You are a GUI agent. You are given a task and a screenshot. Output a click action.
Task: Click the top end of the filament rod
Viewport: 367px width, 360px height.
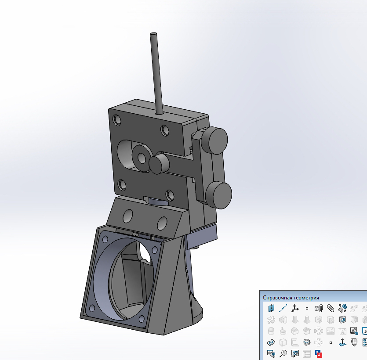coord(153,34)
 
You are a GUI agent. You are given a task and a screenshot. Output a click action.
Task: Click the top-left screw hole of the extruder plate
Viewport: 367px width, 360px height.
coord(117,119)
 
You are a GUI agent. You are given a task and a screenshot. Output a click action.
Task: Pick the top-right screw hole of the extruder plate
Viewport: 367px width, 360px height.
coord(165,130)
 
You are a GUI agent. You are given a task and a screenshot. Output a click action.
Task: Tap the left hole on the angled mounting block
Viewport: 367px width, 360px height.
coord(128,215)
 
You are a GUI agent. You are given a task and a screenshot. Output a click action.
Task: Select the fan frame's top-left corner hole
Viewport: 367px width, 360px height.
coord(105,239)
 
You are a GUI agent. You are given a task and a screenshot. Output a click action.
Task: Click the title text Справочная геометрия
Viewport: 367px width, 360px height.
coord(291,297)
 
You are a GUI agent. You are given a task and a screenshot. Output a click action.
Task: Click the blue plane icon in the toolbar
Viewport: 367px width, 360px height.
coord(271,308)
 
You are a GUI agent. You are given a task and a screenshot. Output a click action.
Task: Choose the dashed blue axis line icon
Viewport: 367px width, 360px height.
coord(283,308)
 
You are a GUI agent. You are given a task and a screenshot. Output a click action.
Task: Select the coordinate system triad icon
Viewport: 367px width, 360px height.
coord(295,308)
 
